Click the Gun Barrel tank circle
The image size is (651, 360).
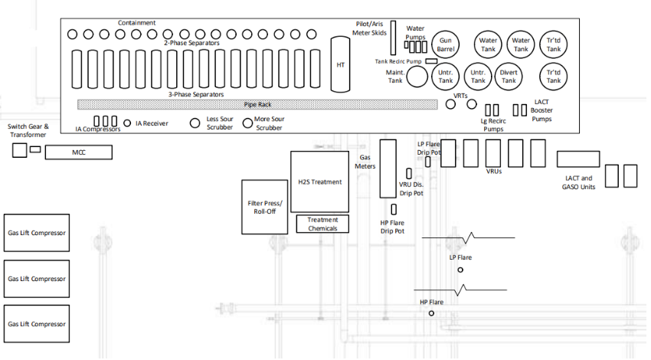coord(445,44)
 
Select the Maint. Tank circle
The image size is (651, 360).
coord(417,76)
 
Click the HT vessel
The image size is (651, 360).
coord(340,64)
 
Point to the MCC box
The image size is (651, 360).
coord(78,153)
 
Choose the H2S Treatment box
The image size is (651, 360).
coord(319,182)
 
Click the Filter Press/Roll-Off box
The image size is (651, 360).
coord(264,207)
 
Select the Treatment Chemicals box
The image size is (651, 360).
coord(322,224)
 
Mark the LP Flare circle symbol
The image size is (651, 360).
coord(460,270)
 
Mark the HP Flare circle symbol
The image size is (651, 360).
coord(431,313)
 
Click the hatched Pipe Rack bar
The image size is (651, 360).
coord(259,104)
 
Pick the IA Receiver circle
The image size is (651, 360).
coord(127,122)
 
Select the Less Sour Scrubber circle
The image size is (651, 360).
coord(195,123)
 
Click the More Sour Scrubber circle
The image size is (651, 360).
coord(247,123)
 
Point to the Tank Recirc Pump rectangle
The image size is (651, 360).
coord(431,61)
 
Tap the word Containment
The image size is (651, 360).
coord(136,23)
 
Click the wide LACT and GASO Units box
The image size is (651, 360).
coord(577,159)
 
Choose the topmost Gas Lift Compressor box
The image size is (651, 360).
coord(35,233)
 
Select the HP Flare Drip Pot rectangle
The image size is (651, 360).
coord(393,210)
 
